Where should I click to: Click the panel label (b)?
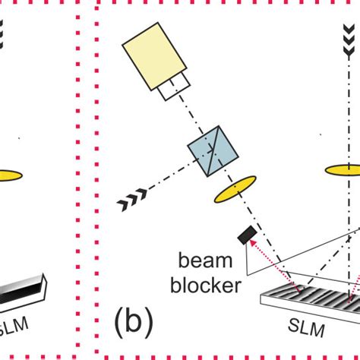click(134, 322)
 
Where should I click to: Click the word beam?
click(204, 262)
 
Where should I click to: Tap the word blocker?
click(206, 286)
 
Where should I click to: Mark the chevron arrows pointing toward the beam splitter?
click(132, 202)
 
